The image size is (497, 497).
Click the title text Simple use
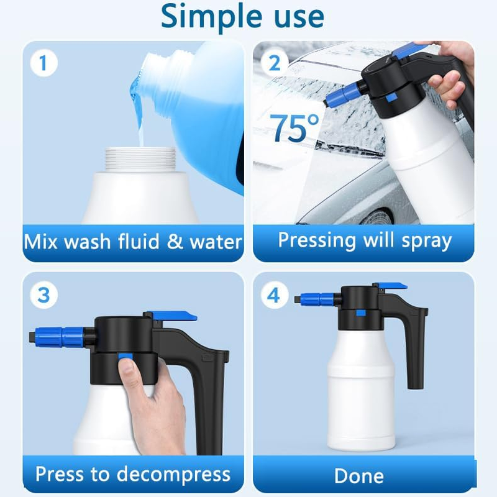242,17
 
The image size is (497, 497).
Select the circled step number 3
43,294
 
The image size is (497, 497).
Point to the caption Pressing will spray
364,240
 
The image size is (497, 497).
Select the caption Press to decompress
132,474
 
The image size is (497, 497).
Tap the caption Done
358,476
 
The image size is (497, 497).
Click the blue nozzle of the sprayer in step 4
318,299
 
